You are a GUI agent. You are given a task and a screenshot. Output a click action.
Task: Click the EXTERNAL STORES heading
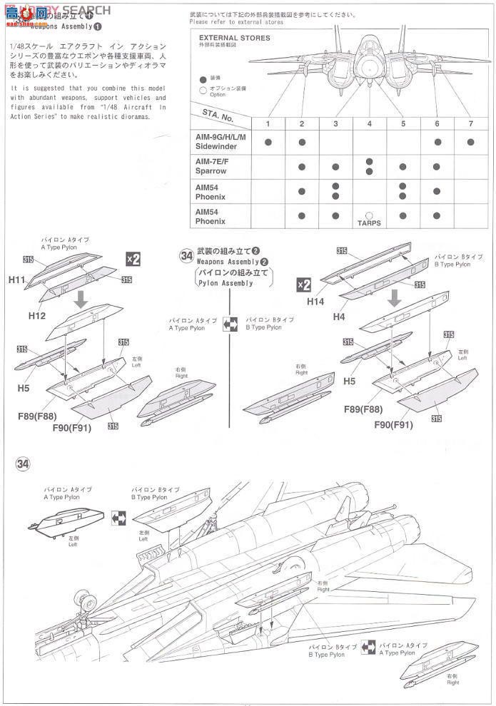coord(234,38)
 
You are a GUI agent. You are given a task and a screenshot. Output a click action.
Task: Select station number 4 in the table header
coord(369,124)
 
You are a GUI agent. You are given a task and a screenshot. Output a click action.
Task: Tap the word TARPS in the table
coord(369,223)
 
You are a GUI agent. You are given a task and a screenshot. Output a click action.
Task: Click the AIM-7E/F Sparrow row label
coord(211,167)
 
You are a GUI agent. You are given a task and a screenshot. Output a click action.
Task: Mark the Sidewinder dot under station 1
coord(268,142)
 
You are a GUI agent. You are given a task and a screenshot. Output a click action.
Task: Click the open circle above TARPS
coord(369,214)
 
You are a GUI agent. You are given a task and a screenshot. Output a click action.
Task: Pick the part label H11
coord(18,281)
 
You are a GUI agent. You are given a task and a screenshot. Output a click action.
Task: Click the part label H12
coord(38,314)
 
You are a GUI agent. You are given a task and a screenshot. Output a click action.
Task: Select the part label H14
coord(315,302)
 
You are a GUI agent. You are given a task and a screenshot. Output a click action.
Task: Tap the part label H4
coord(338,316)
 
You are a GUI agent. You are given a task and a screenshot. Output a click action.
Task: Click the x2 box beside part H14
coord(303,285)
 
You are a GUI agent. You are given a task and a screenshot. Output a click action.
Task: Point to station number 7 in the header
coord(470,124)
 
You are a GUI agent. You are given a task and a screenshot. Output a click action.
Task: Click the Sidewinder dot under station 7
coord(470,142)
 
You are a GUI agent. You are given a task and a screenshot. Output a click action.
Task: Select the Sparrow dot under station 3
coord(335,167)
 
